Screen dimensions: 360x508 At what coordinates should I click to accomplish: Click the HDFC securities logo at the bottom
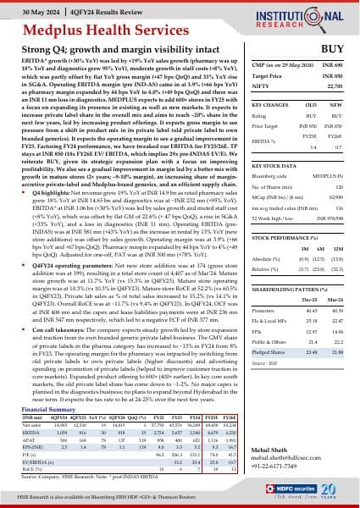301,494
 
